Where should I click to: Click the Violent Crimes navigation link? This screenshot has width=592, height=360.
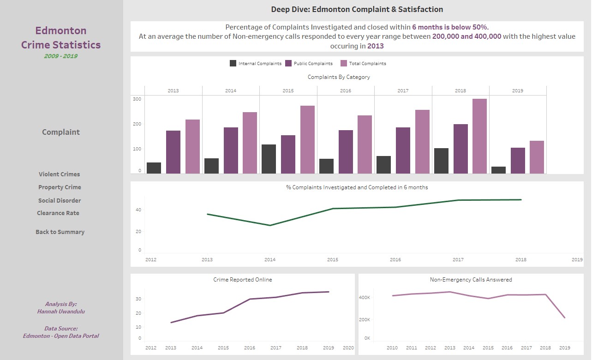click(x=60, y=174)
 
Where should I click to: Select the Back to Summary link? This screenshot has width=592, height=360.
click(x=60, y=232)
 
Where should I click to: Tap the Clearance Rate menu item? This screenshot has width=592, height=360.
click(x=58, y=213)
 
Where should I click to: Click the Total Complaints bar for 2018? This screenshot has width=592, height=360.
click(x=479, y=136)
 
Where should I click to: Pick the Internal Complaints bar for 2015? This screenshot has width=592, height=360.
click(x=269, y=159)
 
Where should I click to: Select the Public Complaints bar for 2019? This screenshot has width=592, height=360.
click(x=518, y=161)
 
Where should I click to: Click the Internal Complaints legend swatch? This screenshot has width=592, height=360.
click(x=233, y=64)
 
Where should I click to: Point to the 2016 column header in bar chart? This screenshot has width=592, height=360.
click(x=346, y=91)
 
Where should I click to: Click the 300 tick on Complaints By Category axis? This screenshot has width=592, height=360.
click(x=137, y=99)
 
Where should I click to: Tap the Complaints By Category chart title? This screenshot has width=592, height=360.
click(x=339, y=77)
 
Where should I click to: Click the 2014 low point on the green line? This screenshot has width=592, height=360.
click(x=270, y=225)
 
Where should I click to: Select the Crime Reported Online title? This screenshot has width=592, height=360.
click(x=243, y=280)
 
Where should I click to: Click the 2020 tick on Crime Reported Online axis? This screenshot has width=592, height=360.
click(x=348, y=348)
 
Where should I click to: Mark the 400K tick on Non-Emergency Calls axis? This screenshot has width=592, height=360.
click(x=365, y=298)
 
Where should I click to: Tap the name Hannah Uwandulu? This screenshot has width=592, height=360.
click(x=61, y=312)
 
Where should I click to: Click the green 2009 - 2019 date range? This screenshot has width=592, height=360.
click(x=60, y=56)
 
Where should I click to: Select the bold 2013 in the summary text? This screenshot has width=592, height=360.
click(x=375, y=46)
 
